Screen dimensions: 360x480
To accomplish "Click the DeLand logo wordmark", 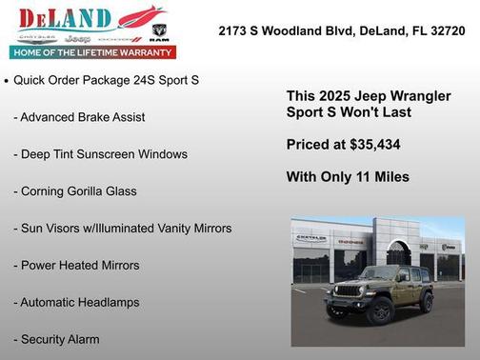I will pyautogui.click(x=59, y=18).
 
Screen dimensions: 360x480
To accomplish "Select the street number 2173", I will pyautogui.click(x=234, y=30).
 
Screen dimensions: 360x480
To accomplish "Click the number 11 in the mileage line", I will pyautogui.click(x=363, y=176).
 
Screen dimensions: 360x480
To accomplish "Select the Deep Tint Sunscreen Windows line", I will pyautogui.click(x=100, y=153).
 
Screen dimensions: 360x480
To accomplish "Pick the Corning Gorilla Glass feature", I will pyautogui.click(x=75, y=190).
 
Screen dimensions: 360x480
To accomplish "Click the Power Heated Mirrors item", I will pyautogui.click(x=76, y=265).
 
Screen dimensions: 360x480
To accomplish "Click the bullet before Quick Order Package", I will pyautogui.click(x=7, y=81).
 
